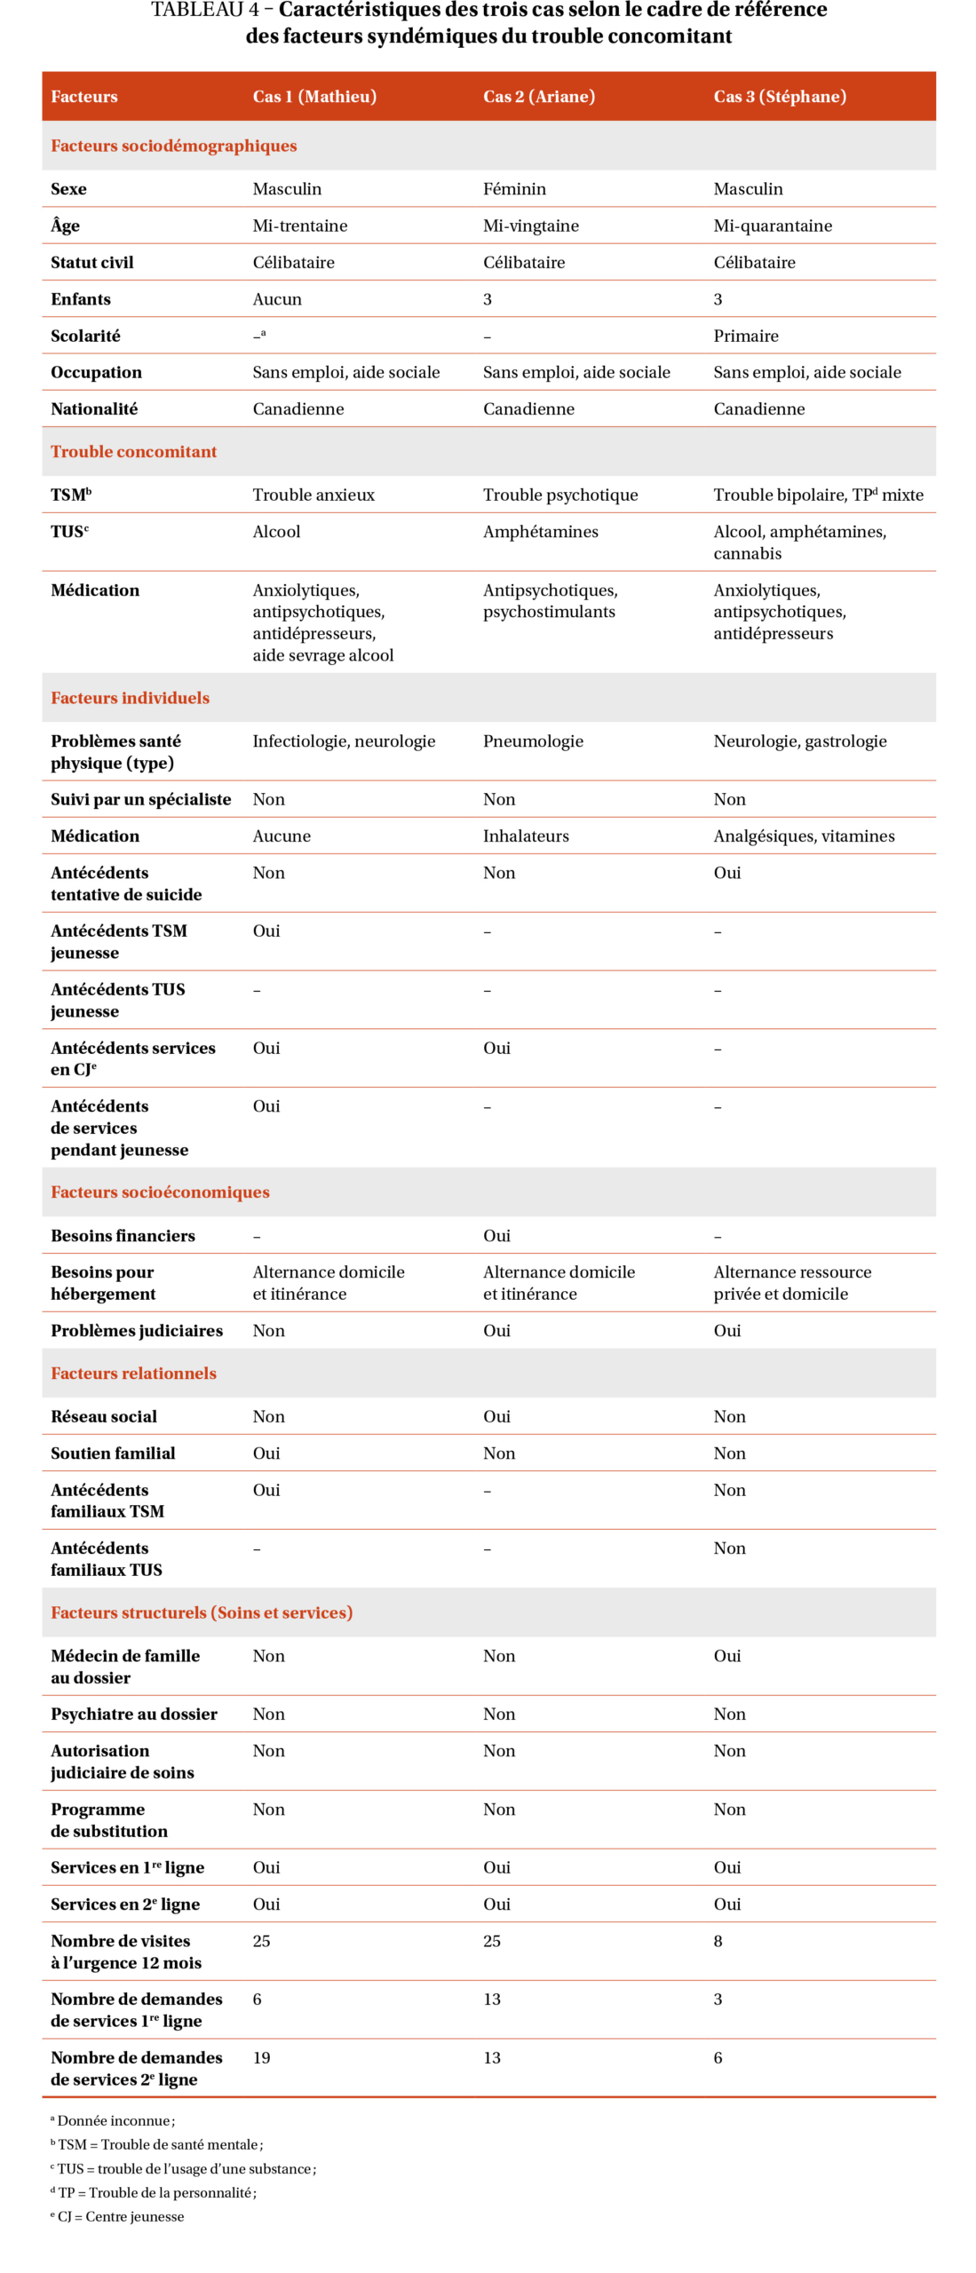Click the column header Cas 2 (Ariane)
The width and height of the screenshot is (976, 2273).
pos(538,96)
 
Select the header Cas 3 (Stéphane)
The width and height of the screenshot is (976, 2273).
pos(779,96)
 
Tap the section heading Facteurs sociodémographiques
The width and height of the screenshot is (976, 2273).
pos(173,146)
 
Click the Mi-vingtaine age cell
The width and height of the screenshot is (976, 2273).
pos(530,226)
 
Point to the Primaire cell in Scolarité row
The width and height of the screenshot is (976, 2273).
pos(745,336)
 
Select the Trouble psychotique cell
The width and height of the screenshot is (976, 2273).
pos(559,495)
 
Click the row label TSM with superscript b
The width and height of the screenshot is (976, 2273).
pos(71,495)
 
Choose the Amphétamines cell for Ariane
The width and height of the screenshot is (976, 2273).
pos(540,531)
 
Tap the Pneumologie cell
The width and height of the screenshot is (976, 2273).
pos(533,741)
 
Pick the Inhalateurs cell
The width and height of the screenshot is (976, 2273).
pos(526,836)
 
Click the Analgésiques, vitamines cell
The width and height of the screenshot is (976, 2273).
pos(804,836)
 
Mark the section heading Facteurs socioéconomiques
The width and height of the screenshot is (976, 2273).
pos(160,1192)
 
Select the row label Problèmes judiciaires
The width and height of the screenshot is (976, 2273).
pos(137,1330)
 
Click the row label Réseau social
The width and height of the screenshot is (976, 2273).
pos(104,1416)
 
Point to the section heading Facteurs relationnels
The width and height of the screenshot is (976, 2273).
pos(133,1373)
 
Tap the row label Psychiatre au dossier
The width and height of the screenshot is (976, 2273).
pos(134,1714)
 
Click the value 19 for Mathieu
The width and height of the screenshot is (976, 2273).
pos(261,2057)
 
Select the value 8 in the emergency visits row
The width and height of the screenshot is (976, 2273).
pos(718,1941)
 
